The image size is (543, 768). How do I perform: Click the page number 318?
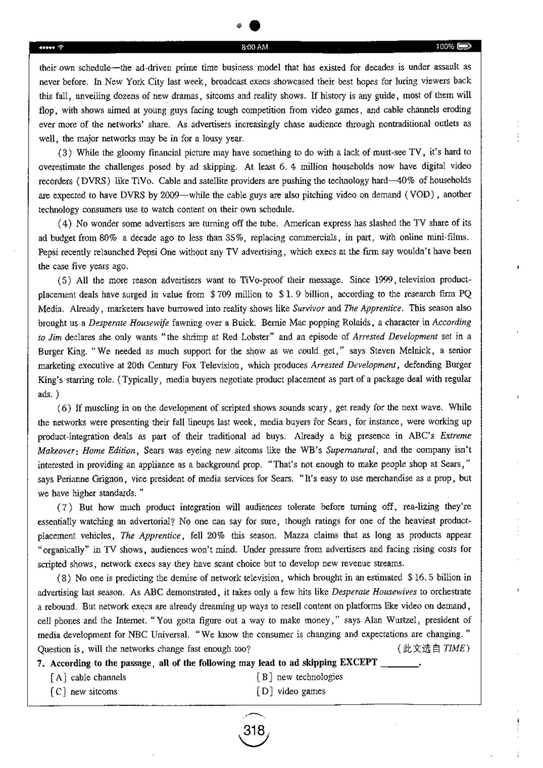click(x=255, y=726)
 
